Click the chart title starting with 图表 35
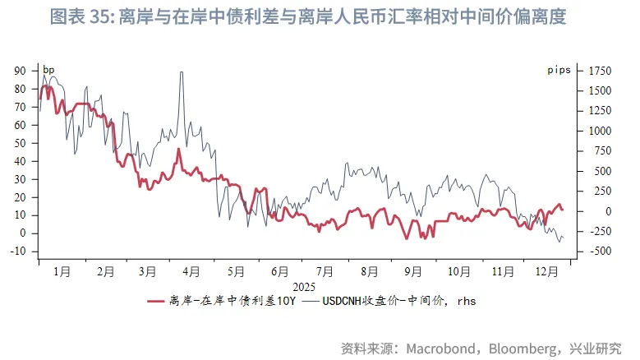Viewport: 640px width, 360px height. tap(308, 16)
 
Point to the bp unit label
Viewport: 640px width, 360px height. tap(48, 71)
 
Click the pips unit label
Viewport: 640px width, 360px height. tap(559, 71)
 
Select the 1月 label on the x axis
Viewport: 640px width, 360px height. tap(61, 270)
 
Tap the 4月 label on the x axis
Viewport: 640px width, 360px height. tap(191, 270)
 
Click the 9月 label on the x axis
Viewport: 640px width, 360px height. tap(413, 270)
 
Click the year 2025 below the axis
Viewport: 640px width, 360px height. tap(303, 286)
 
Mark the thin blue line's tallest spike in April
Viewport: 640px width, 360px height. tap(180, 72)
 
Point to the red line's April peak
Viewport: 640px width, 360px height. tap(178, 149)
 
